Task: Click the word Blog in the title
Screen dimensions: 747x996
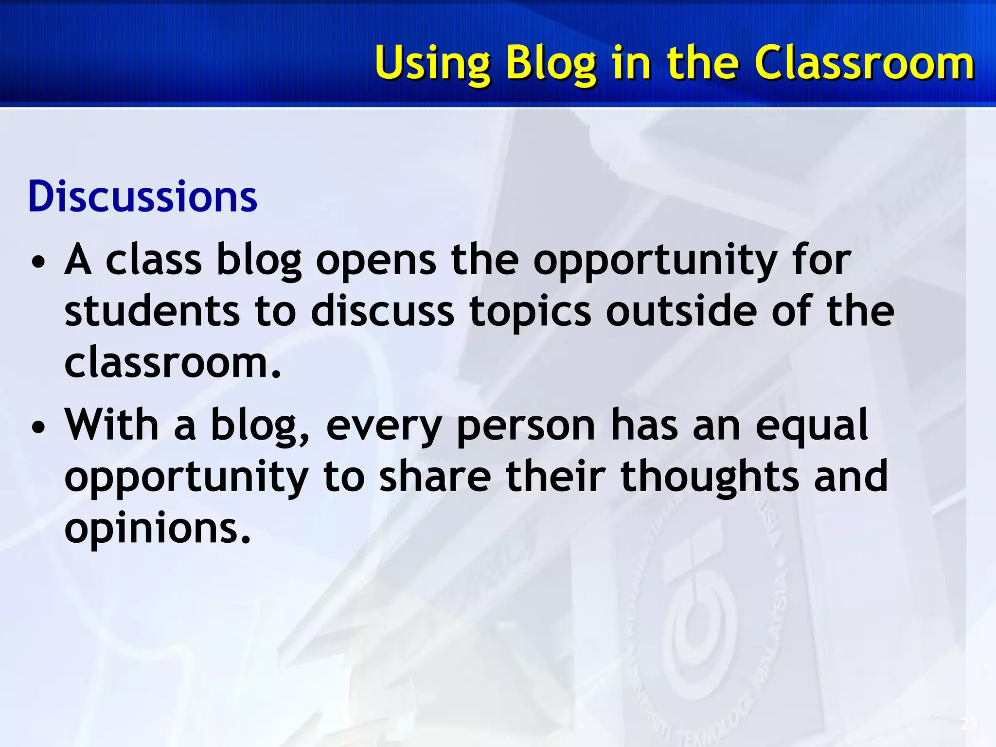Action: [x=551, y=63]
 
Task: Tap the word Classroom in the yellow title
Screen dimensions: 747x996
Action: [x=864, y=63]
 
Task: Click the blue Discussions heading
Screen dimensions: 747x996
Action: [x=142, y=197]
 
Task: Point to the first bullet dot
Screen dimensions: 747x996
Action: [x=38, y=263]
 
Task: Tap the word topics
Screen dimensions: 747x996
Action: [x=530, y=313]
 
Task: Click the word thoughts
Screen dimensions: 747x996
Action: [x=710, y=478]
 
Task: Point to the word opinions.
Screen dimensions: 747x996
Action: [x=157, y=529]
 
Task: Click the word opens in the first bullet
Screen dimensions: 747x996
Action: [x=376, y=262]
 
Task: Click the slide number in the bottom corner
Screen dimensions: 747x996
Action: [x=969, y=724]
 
